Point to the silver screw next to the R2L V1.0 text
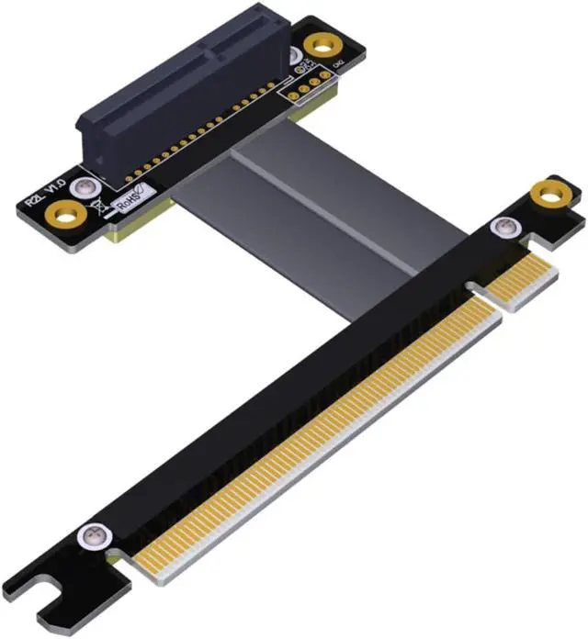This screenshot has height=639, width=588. click(84, 186)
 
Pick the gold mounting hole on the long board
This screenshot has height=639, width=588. click(549, 192)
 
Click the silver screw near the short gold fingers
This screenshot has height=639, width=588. click(505, 227)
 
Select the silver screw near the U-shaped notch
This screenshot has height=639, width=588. click(89, 534)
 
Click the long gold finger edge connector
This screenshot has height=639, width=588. click(312, 432)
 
